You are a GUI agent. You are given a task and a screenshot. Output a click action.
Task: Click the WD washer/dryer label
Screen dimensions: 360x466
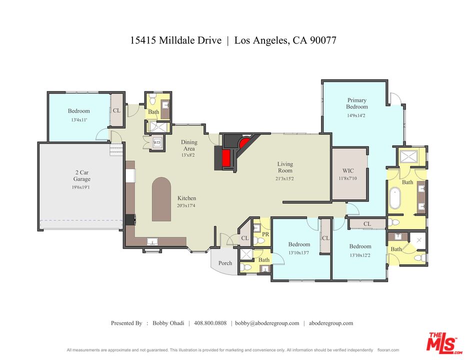click(156, 142)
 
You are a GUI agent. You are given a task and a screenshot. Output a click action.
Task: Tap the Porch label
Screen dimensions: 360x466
click(225, 263)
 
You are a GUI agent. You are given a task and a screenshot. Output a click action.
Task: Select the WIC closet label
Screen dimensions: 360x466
click(348, 170)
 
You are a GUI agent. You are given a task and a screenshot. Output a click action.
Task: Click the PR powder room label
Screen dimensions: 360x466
click(265, 234)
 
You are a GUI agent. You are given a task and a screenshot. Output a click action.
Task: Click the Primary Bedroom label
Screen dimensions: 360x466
click(357, 103)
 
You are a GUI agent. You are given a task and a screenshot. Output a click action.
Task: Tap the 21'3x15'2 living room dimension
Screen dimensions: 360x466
click(285, 178)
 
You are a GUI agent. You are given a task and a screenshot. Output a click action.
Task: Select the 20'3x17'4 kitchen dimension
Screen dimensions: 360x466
click(186, 205)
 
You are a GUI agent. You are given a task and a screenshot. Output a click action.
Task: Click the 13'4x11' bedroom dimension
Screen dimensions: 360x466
click(79, 120)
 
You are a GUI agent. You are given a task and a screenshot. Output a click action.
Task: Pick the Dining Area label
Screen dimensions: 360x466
click(189, 145)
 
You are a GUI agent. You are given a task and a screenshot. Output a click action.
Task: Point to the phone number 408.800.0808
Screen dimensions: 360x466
click(210, 323)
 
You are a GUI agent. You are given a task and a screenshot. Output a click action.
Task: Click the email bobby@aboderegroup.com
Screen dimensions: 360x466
click(267, 323)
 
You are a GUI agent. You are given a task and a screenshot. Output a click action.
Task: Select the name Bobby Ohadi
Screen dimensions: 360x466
click(167, 323)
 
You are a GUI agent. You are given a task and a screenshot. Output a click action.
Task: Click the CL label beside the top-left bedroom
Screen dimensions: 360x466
click(116, 110)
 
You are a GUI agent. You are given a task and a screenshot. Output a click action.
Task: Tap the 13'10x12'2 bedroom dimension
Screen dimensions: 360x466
click(360, 255)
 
